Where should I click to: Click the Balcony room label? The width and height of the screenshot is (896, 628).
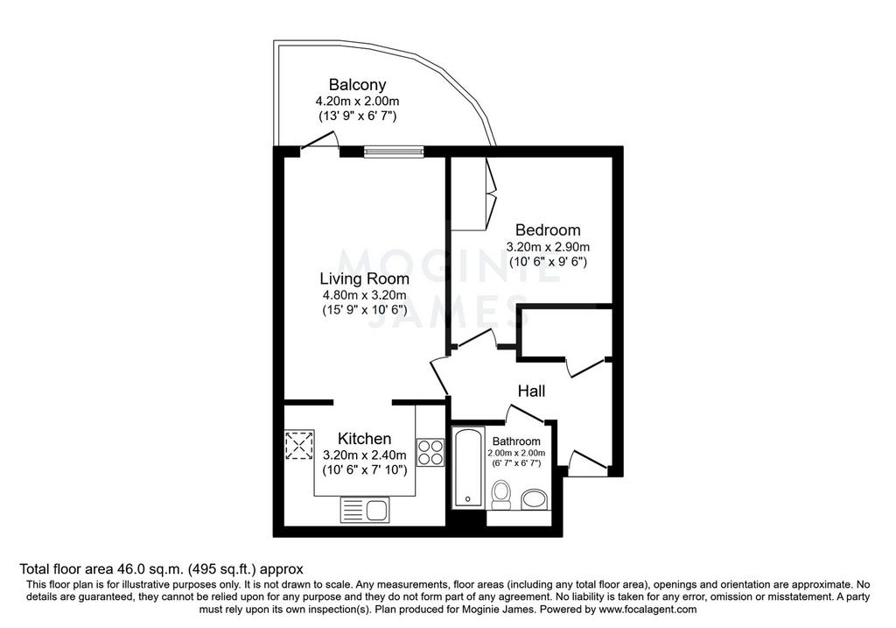point(358,85)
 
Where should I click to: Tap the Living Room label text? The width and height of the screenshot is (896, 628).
point(365,279)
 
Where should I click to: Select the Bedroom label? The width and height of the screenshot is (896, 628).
point(548,230)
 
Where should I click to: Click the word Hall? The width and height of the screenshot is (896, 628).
point(531,392)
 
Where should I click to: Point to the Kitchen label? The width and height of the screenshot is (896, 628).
point(365,439)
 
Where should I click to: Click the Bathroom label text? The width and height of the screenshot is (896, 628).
point(516,441)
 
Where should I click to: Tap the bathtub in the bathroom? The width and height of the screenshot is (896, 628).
point(469,468)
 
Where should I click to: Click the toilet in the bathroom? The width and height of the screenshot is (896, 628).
point(501,495)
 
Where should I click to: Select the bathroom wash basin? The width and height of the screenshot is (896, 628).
point(535,498)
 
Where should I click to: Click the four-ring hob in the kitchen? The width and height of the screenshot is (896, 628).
point(430,452)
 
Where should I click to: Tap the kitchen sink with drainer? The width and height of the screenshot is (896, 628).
point(365,510)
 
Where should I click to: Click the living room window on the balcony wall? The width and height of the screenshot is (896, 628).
point(395,152)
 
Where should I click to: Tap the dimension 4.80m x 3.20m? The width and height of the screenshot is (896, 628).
point(365,295)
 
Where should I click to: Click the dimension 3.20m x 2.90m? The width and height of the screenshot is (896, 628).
point(548,247)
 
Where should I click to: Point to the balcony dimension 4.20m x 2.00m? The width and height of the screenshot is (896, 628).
point(358,102)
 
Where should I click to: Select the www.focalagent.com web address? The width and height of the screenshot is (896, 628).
point(647,609)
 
